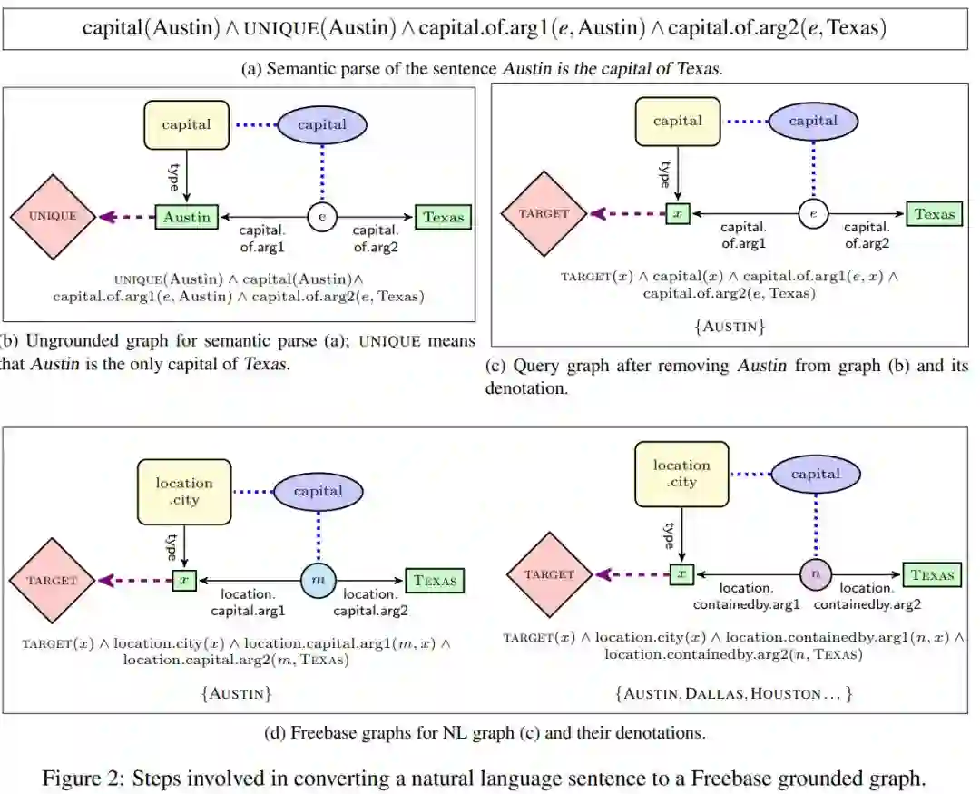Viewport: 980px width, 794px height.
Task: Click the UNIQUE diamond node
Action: (53, 217)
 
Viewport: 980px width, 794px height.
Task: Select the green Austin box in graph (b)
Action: (188, 217)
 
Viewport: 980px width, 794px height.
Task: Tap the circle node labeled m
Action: (318, 579)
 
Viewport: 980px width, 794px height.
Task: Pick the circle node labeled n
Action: (815, 574)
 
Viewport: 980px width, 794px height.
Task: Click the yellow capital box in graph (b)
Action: (186, 125)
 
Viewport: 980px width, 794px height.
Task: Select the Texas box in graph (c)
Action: (935, 214)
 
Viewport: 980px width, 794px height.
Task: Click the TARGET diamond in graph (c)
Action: (544, 214)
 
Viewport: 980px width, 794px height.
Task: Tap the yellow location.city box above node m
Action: (184, 491)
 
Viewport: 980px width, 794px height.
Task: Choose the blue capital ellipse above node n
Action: (815, 475)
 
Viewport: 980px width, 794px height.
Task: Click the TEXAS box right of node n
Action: (933, 574)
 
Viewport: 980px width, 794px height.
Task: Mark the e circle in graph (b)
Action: (321, 217)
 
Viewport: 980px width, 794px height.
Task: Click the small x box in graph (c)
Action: (678, 214)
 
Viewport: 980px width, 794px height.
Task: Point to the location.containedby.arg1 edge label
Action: (746, 596)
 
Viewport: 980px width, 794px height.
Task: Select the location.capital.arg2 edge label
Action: (369, 603)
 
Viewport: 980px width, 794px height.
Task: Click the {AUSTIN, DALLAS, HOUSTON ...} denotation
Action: (733, 693)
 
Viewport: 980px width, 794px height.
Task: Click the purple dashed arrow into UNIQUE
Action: (125, 217)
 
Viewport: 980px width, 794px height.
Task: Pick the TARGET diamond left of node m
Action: (51, 579)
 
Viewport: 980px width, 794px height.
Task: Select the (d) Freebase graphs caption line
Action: (485, 732)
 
